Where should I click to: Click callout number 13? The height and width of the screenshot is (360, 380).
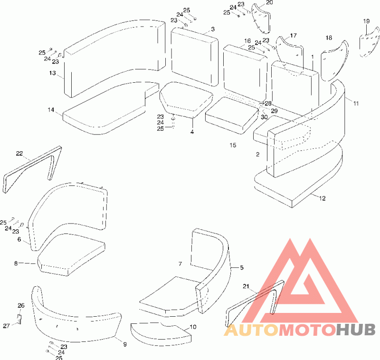point(52,73)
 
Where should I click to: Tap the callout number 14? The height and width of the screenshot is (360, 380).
point(51,110)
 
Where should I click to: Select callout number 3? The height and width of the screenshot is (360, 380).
point(213,29)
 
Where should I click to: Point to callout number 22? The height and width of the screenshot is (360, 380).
point(19,153)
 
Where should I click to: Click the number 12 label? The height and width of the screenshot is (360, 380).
point(323,198)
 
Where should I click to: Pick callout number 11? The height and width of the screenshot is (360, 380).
point(356,103)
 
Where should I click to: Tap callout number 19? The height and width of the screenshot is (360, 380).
point(366,21)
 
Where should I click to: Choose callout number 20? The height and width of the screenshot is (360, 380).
point(269,3)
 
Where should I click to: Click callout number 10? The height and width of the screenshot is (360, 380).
point(193,327)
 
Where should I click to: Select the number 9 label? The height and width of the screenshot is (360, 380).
point(124,344)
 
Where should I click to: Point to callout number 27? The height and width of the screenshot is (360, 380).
point(7,326)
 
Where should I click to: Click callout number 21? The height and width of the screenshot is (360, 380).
point(246,286)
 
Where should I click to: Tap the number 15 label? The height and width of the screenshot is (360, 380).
point(233,145)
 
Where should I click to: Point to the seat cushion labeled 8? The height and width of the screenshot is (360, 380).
point(71,257)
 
